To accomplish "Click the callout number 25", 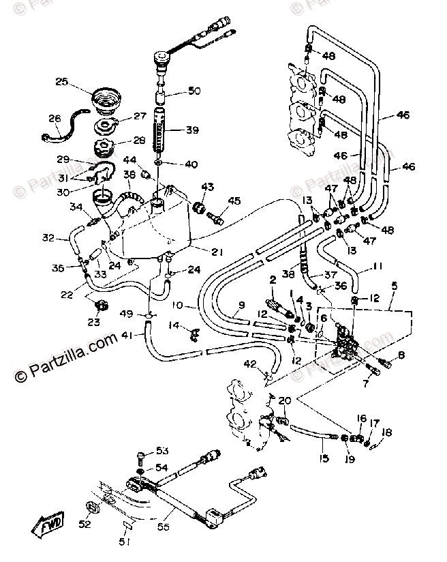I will coord(61,82).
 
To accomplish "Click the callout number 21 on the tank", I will coord(216,252).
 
